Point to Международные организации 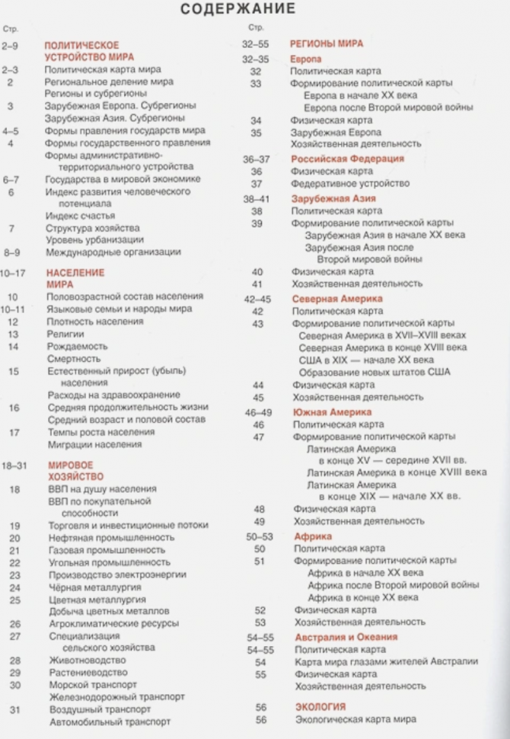[113, 251]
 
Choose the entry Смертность [74, 358]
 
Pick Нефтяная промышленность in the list [111, 537]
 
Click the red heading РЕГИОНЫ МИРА [327, 44]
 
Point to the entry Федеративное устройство [351, 184]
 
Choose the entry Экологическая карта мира [355, 719]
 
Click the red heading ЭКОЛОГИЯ [320, 706]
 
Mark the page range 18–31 [13, 464]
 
